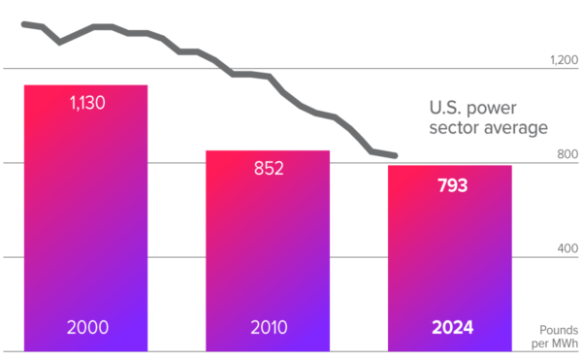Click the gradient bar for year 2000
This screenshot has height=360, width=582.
85,218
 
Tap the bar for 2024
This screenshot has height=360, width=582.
449,257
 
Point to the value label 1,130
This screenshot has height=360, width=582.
86,103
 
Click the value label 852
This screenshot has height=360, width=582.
268,169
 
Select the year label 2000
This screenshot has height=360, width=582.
86,327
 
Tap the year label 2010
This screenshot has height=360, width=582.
268,327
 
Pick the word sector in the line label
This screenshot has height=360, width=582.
454,128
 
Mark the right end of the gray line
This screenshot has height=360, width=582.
394,155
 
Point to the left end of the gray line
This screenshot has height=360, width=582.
23,23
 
